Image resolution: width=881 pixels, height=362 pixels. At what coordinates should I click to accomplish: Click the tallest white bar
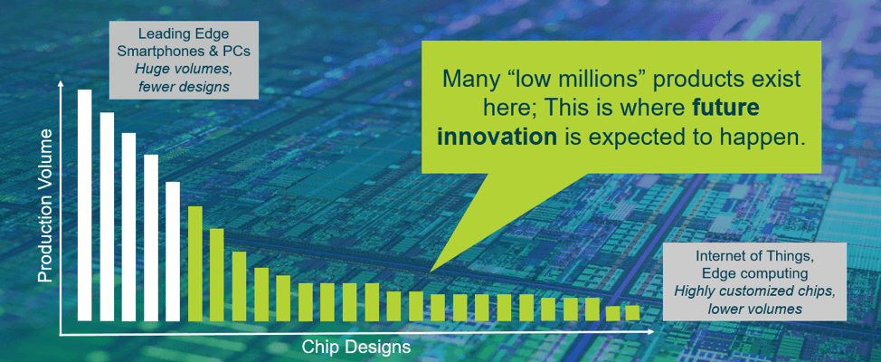pyautogui.click(x=85, y=205)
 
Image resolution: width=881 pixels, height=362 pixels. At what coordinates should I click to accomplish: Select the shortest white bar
pyautogui.click(x=173, y=252)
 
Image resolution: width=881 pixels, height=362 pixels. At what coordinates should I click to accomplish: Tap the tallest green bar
pyautogui.click(x=195, y=263)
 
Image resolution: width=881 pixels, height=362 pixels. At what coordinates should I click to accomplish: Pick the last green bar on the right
pyautogui.click(x=632, y=313)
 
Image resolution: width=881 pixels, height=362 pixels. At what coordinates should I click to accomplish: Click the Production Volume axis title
pyautogui.click(x=45, y=205)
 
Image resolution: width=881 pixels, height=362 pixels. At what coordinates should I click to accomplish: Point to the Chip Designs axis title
pyautogui.click(x=356, y=347)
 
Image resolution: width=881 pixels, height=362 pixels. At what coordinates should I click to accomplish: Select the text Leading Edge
pyautogui.click(x=184, y=34)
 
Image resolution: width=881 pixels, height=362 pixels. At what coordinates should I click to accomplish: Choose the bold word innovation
pyautogui.click(x=497, y=138)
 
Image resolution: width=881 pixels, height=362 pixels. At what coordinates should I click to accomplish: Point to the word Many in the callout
pyautogui.click(x=469, y=80)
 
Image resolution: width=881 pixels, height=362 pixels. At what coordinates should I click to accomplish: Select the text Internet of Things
pyautogui.click(x=754, y=256)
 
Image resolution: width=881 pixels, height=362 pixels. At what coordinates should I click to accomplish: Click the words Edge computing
pyautogui.click(x=754, y=273)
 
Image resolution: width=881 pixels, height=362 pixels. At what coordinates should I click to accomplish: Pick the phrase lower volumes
pyautogui.click(x=754, y=309)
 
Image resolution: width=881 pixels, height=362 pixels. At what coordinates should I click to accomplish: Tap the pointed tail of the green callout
pyautogui.click(x=431, y=271)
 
